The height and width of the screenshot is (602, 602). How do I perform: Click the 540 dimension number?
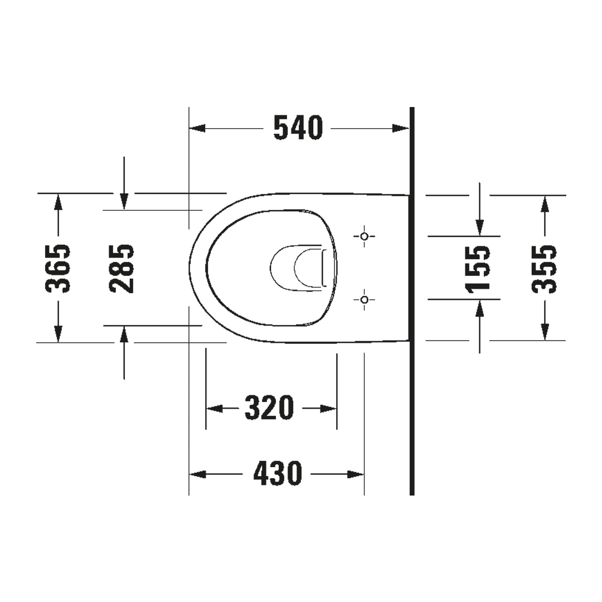point(298,128)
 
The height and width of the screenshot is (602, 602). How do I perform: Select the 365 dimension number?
point(58,268)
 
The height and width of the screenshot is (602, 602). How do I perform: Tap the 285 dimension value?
point(122,268)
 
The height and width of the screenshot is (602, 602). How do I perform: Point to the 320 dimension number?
point(269,408)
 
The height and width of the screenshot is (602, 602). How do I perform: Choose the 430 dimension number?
point(278,474)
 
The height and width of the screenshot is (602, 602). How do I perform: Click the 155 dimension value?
point(478,268)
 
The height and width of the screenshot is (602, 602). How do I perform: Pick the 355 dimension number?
point(544,268)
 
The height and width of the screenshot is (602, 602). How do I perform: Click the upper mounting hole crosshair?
point(365,236)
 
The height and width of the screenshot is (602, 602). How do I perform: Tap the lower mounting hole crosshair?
point(365,299)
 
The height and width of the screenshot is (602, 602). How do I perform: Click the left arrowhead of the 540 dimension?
point(197,128)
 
